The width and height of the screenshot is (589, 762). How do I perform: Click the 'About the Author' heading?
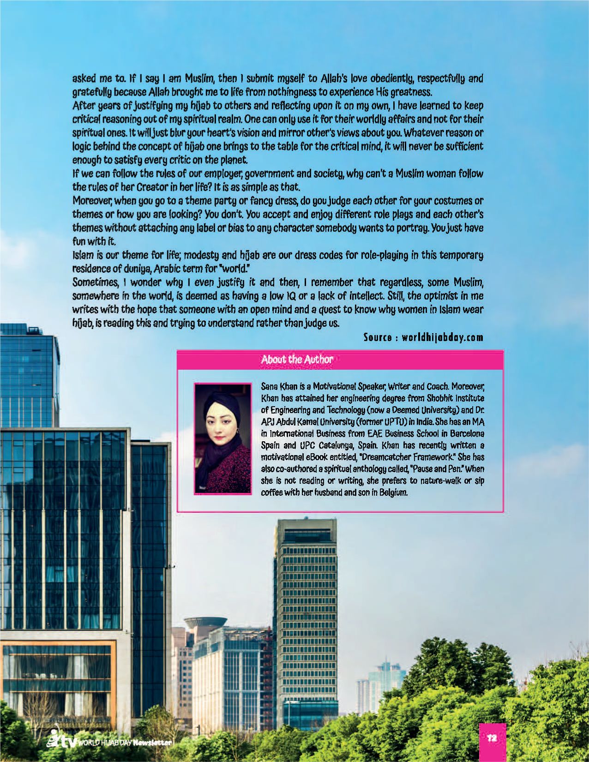(297, 360)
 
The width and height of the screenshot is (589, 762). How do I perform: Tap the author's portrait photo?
(223, 439)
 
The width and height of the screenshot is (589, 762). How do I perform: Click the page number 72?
(492, 738)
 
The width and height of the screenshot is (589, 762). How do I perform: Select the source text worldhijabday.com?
(442, 337)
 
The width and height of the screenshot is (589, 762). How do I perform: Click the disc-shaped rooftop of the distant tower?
(205, 622)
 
